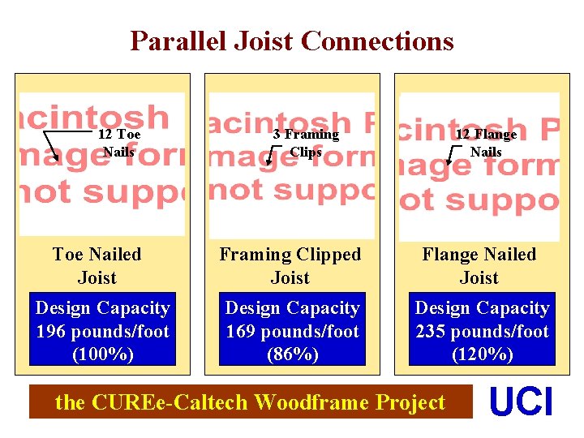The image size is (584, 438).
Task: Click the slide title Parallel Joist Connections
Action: pyautogui.click(x=292, y=41)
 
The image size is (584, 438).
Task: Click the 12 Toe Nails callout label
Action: pyautogui.click(x=119, y=143)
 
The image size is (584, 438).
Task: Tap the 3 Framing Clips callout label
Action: pyautogui.click(x=306, y=143)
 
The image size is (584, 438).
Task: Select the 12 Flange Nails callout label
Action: pyautogui.click(x=486, y=143)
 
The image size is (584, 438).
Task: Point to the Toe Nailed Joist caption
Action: pyautogui.click(x=97, y=266)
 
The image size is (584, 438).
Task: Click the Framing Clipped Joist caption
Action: pyautogui.click(x=290, y=266)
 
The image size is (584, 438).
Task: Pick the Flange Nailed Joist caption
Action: pyautogui.click(x=479, y=266)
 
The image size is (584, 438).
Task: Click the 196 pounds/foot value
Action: pyautogui.click(x=102, y=332)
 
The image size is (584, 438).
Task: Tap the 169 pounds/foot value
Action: pyautogui.click(x=292, y=332)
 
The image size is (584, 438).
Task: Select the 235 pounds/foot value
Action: pyautogui.click(x=482, y=332)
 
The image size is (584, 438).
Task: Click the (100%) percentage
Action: pyautogui.click(x=102, y=354)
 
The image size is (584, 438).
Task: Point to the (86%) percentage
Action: pyautogui.click(x=292, y=354)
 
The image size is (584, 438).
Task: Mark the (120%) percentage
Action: pyautogui.click(x=482, y=354)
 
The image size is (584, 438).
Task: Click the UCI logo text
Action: pyautogui.click(x=522, y=403)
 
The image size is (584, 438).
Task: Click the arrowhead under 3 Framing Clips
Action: pyautogui.click(x=269, y=161)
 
